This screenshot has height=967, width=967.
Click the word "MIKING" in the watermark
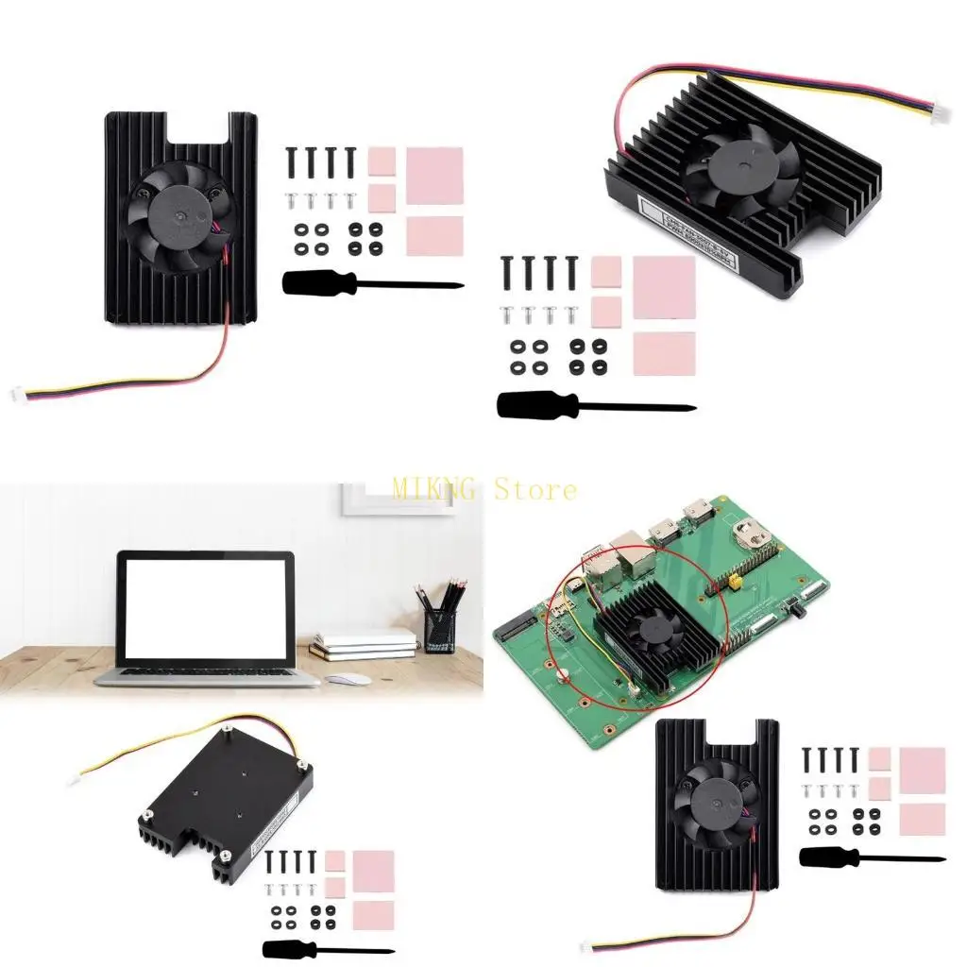point(437,489)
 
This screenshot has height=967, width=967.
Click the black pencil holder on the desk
point(440,629)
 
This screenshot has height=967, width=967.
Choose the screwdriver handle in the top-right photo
point(525,404)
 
